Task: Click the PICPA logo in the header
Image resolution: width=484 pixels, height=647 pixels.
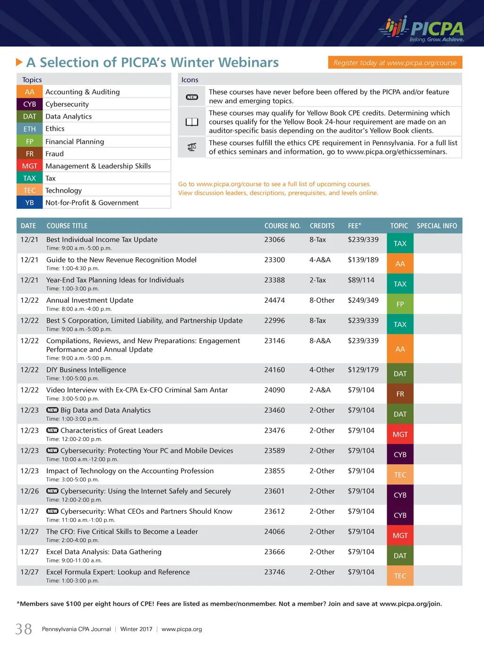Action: tap(421, 29)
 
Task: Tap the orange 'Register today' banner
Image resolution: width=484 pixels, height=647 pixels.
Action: tap(395, 62)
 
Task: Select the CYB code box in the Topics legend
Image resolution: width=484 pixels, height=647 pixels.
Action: tap(30, 104)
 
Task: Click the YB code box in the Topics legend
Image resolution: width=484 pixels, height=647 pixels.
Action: tap(30, 203)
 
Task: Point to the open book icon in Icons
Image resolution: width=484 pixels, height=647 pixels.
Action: tap(192, 122)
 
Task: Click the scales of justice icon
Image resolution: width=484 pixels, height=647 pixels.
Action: tap(192, 147)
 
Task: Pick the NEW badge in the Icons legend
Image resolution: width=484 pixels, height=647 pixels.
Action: tap(192, 97)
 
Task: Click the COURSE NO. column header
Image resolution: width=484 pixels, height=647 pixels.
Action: tap(282, 226)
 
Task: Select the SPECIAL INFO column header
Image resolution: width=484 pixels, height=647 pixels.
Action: tap(437, 226)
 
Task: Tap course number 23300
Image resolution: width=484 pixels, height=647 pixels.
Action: tap(275, 260)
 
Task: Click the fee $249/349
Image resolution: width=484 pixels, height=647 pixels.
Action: tap(363, 300)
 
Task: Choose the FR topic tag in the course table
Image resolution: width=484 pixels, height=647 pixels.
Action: tap(400, 394)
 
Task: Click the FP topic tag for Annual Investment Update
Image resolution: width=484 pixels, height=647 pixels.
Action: tap(400, 304)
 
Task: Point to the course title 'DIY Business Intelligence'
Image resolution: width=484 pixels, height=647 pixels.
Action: tap(86, 370)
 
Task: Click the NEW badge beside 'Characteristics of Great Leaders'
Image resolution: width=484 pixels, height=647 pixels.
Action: tap(52, 430)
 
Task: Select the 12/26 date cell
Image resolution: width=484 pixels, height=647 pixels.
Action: tap(29, 491)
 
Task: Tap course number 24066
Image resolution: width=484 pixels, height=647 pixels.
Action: tap(275, 532)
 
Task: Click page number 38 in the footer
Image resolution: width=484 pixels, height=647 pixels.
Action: tap(24, 629)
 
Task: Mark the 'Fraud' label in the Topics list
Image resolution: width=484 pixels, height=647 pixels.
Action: tap(54, 153)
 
